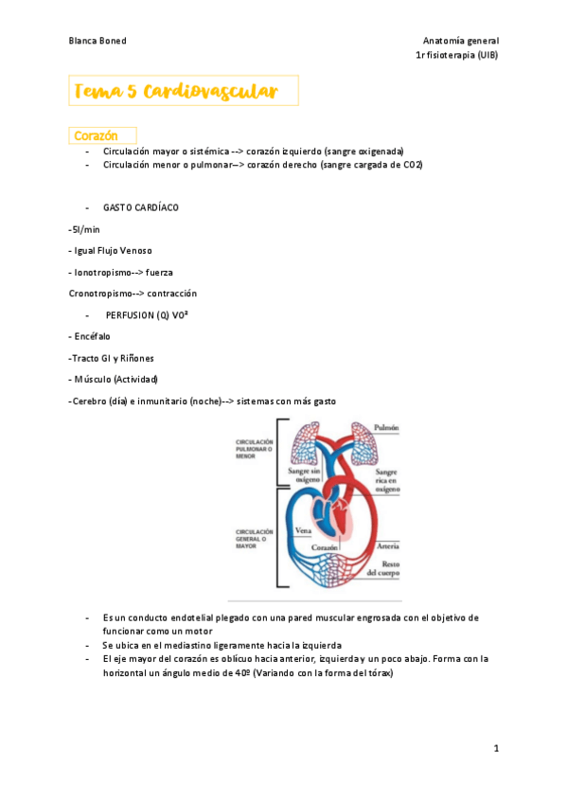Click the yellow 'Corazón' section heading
(95, 135)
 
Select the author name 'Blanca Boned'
(97, 41)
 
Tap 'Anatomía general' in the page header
(461, 41)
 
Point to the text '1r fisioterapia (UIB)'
(457, 56)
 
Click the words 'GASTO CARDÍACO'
(140, 207)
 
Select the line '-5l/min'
(84, 229)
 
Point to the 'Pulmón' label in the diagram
(385, 428)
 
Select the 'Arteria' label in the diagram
(387, 546)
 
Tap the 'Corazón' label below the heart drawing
(325, 547)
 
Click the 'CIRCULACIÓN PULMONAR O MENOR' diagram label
(255, 449)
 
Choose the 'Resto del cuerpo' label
(384, 566)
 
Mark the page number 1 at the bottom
(496, 749)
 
